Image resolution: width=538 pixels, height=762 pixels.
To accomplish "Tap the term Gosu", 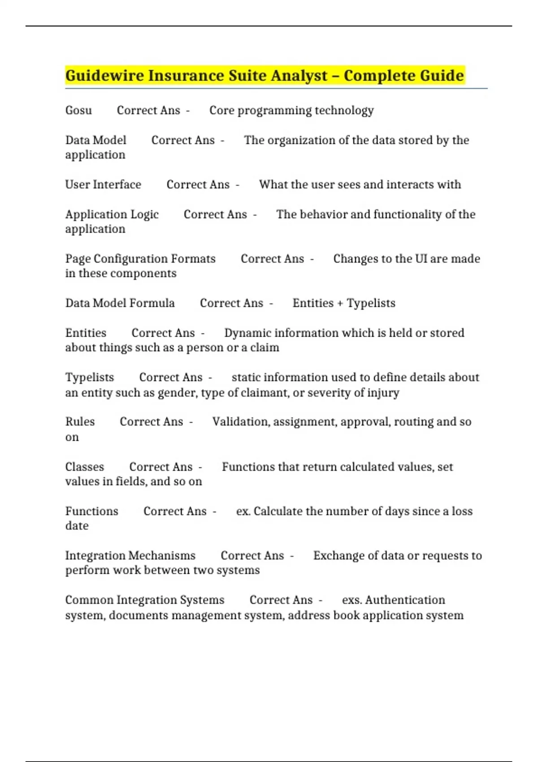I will pos(78,110).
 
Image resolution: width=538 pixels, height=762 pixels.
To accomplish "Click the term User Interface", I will pos(103,185).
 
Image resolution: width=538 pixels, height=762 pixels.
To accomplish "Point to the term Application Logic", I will pos(112,214).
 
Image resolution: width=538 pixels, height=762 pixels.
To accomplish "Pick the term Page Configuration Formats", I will pos(140,259).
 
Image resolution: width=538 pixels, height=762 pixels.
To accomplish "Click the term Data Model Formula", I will pos(120,303).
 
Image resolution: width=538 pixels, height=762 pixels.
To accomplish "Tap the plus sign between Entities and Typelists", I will pos(340,303).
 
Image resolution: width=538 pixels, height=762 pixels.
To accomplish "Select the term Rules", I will pos(80,422).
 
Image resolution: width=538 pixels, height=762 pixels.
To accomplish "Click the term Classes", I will pos(84,467).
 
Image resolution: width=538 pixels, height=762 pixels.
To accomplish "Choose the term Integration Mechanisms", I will pos(130,555).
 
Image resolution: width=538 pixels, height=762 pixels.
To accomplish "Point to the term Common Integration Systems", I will pos(144,600).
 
